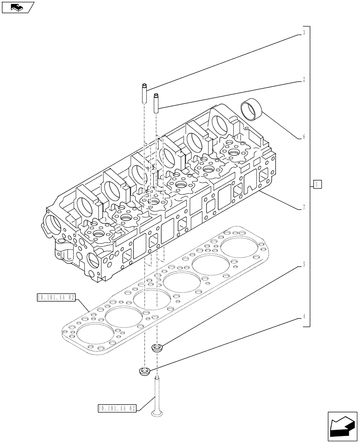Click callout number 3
click(x=304, y=33)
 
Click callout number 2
click(x=304, y=80)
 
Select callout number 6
click(x=304, y=137)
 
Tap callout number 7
click(x=304, y=207)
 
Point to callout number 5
click(x=304, y=265)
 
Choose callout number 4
click(x=304, y=317)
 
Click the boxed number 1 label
click(x=317, y=184)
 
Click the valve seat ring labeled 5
click(x=157, y=347)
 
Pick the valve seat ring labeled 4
click(x=145, y=371)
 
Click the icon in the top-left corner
click(x=18, y=7)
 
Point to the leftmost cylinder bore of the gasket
click(x=94, y=332)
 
